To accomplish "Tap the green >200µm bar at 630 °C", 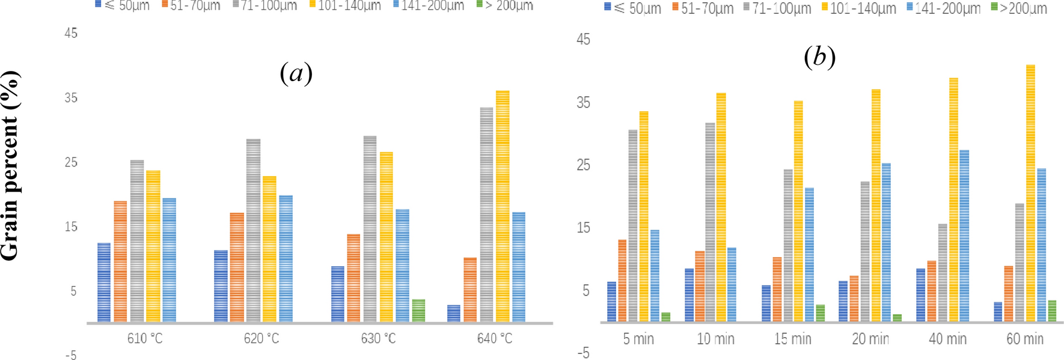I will coord(418,310).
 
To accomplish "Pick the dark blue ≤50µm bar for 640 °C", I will coord(454,313).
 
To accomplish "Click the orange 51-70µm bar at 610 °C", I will coord(120,261).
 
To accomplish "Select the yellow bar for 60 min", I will coord(1030,193).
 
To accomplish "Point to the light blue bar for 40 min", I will coord(964,236).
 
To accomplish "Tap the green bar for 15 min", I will coord(820,313).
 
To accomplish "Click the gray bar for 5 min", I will coord(633,225).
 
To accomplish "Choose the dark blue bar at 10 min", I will coord(689,295).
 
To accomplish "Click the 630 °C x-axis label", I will coord(378,339).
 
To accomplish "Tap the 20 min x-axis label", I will coord(870,340).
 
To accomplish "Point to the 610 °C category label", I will coord(145,339).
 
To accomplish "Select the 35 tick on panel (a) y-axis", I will coord(71,98).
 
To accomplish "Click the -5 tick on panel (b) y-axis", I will coord(583,353).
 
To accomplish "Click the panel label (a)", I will coord(296,73).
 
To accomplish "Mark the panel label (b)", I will coord(819,58).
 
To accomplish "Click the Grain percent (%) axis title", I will coord(10,165).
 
